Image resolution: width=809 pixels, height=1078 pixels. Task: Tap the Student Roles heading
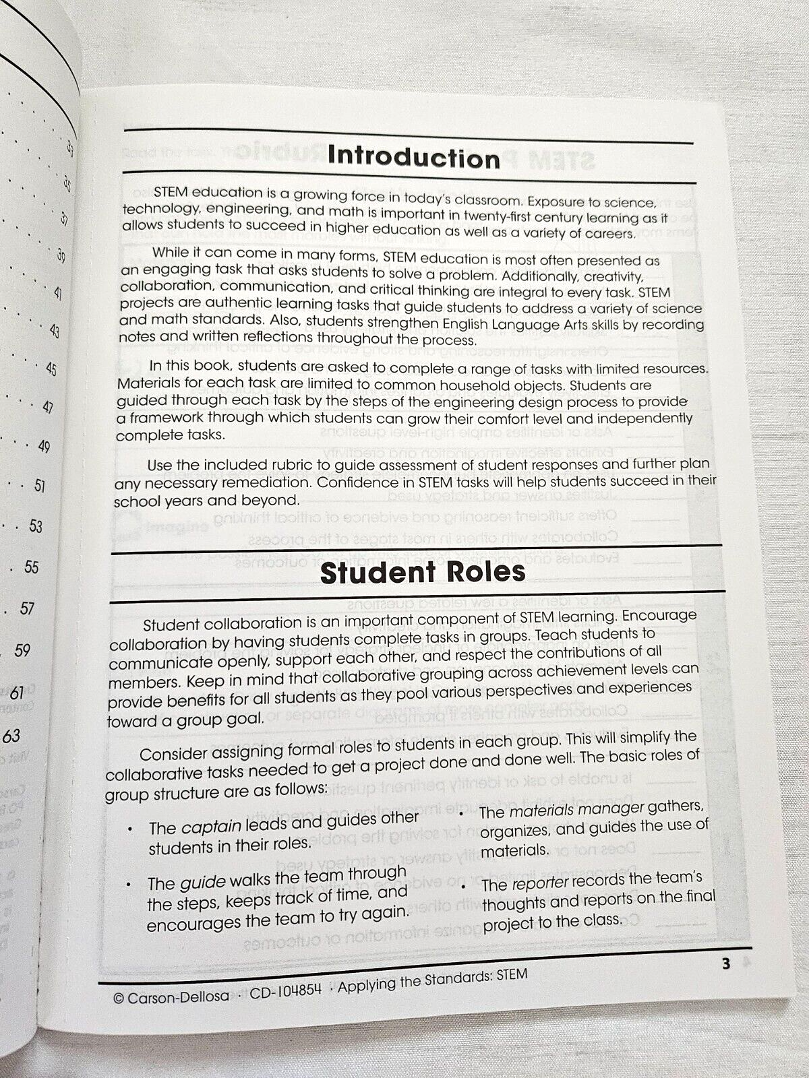coord(422,573)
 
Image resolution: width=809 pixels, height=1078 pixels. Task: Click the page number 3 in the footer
coord(726,964)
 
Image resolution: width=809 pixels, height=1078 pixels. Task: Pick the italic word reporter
coord(540,883)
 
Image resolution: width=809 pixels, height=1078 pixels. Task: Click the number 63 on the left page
coord(11,735)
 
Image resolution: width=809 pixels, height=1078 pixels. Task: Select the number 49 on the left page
coord(44,446)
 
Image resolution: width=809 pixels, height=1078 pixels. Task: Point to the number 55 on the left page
coord(32,567)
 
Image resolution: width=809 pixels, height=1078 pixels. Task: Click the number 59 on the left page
coord(22,650)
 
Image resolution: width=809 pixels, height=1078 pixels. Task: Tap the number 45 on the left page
coord(51,369)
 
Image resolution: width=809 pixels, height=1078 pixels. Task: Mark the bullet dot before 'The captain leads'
coord(130,828)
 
